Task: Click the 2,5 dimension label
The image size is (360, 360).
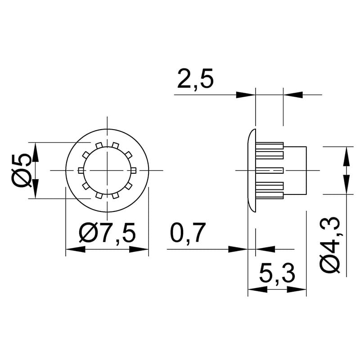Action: [195, 78]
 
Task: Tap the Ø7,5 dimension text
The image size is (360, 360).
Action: [108, 233]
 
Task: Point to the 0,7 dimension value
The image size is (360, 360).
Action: [187, 232]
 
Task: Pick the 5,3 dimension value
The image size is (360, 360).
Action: [277, 274]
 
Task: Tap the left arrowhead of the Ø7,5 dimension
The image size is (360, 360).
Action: [76, 249]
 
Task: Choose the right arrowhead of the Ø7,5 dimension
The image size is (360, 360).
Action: [139, 249]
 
